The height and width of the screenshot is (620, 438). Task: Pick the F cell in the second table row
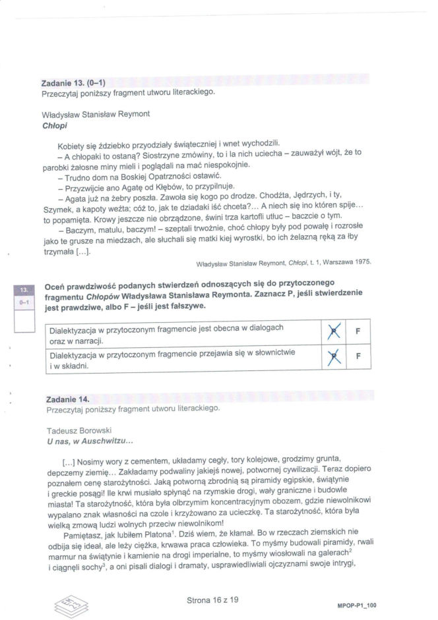point(357,358)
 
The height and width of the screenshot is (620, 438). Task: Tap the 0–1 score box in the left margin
point(23,302)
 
